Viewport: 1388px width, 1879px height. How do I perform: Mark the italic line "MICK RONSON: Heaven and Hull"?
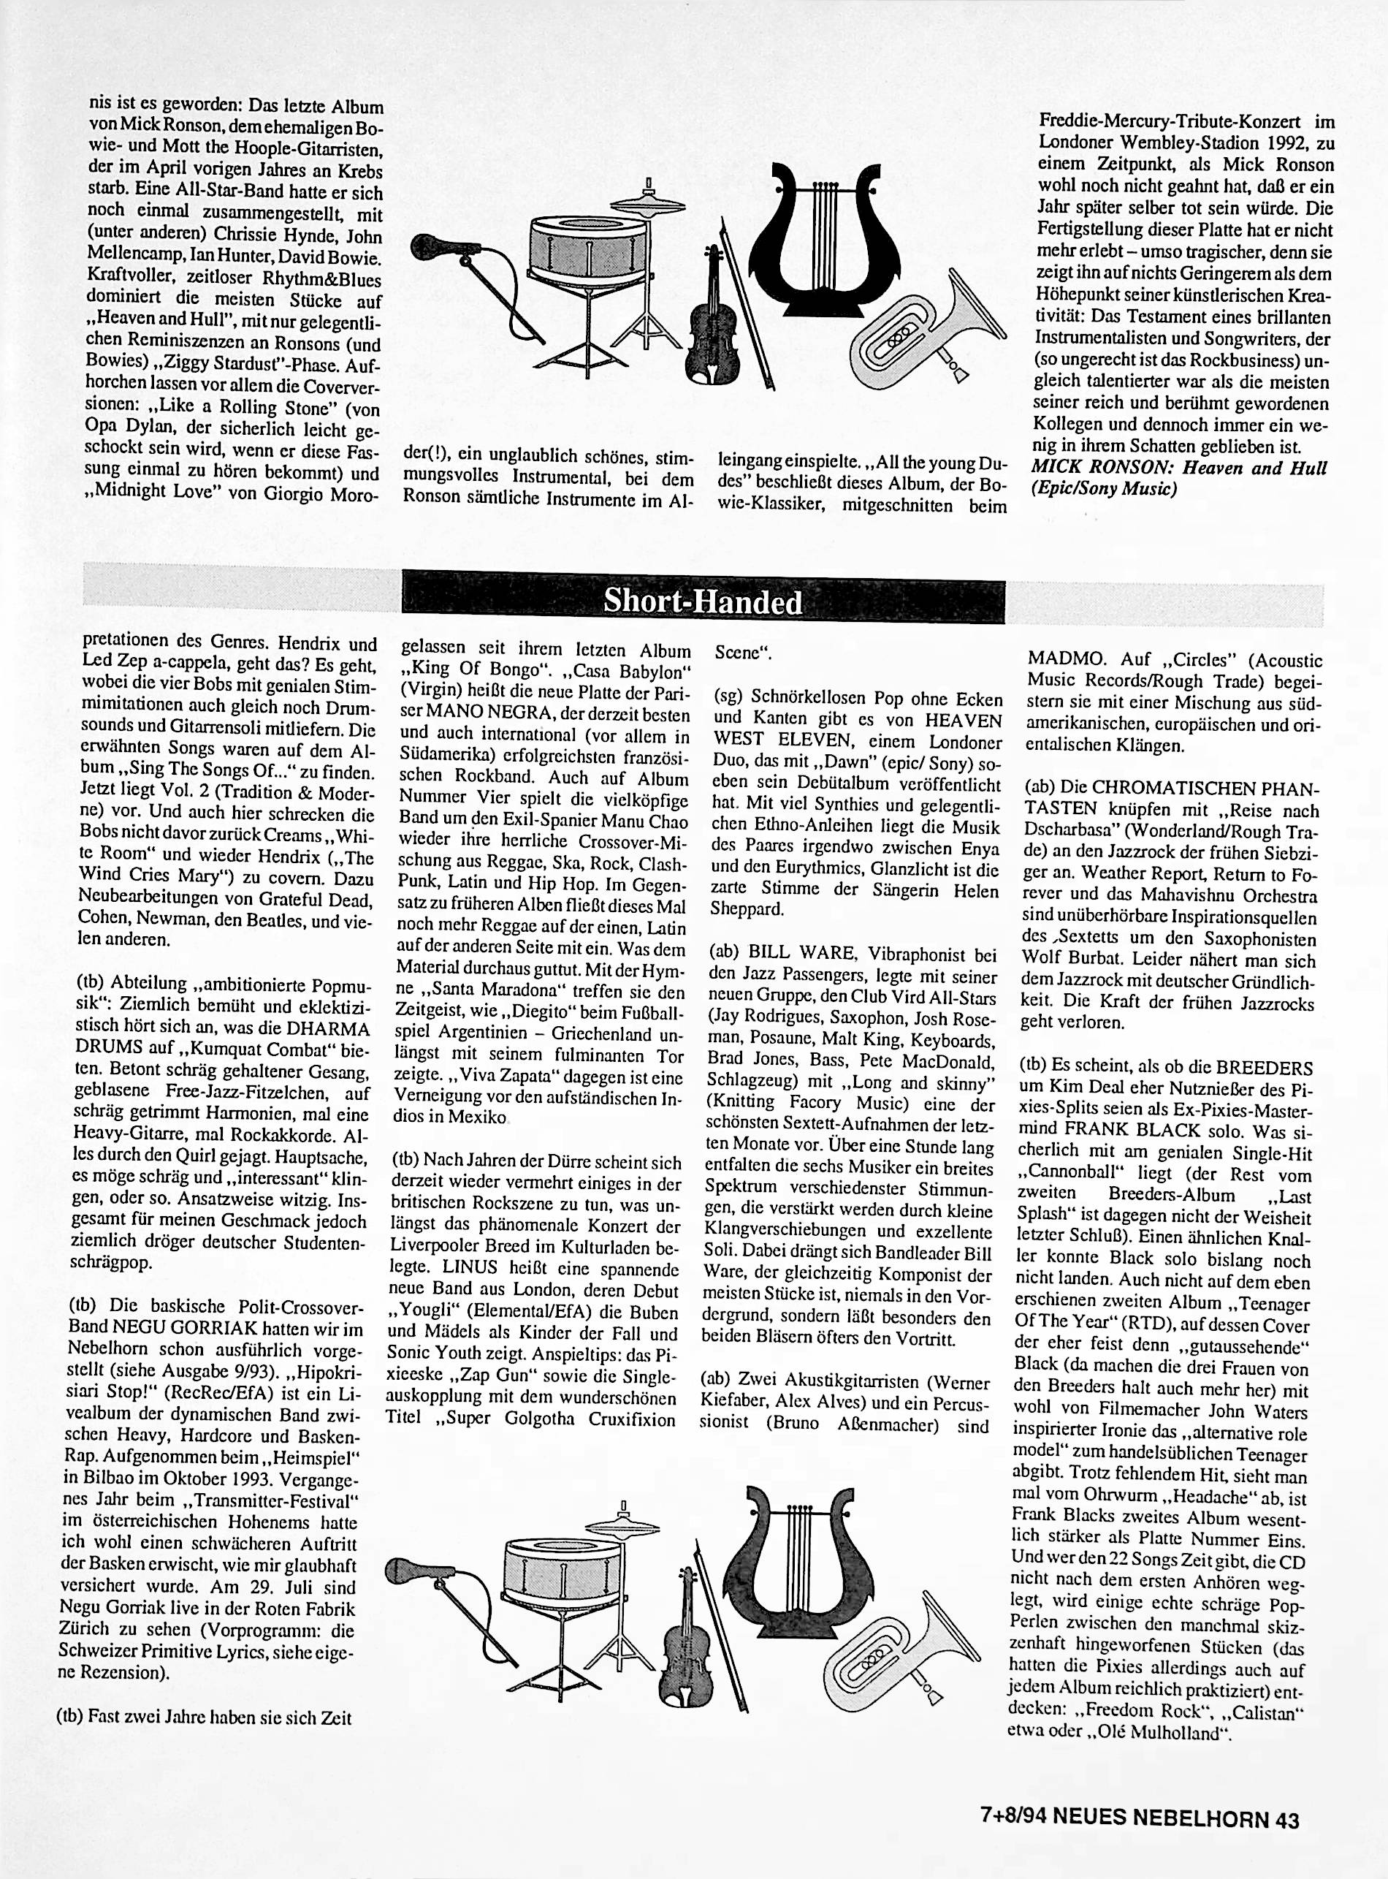click(x=1179, y=468)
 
